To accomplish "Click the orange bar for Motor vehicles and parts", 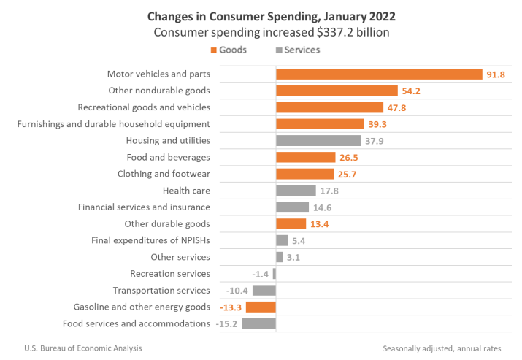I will (379, 74).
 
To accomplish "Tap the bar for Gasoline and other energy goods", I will (261, 307).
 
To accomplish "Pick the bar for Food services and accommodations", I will (258, 323).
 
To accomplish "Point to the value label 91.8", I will (496, 74).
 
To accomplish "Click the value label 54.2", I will (410, 91).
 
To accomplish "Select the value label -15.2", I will (226, 323).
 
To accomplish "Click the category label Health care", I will (186, 191).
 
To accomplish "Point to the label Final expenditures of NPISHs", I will (150, 240).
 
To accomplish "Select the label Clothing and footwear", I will (164, 174).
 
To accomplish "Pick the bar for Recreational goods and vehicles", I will (329, 107).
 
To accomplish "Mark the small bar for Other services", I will (280, 257).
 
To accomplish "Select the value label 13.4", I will (318, 223).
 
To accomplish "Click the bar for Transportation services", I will (264, 290).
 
